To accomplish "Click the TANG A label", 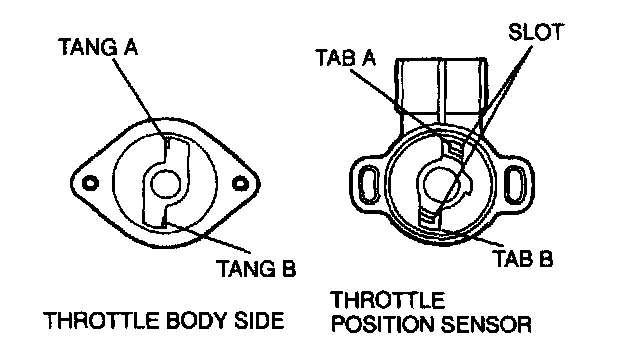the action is [x=98, y=47].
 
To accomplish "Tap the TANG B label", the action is [x=256, y=269].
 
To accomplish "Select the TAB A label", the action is [x=345, y=58].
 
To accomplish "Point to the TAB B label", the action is [x=524, y=258].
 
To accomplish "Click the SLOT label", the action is [x=536, y=32].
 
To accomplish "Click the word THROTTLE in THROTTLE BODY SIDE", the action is [x=101, y=320].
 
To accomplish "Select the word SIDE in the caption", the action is [x=259, y=320].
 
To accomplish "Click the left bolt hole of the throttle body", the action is [x=90, y=183].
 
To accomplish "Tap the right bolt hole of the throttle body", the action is [x=240, y=183].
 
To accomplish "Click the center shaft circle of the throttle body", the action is [x=165, y=183].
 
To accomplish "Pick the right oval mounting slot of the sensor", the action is [x=516, y=184].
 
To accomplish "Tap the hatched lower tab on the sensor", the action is [x=430, y=215].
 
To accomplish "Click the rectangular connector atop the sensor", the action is [x=441, y=86].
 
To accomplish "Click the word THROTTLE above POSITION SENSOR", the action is [x=388, y=300].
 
